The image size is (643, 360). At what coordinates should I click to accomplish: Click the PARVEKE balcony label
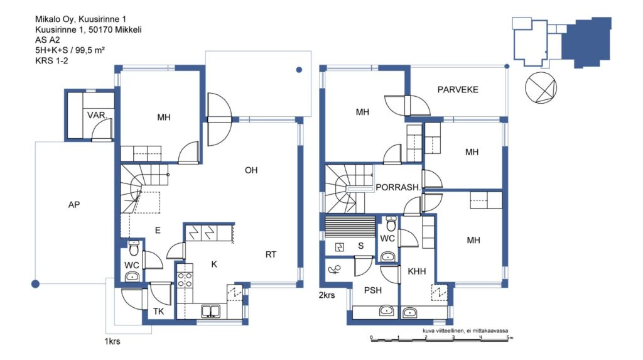coord(458,89)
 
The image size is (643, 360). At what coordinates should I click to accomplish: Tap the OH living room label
coord(251,170)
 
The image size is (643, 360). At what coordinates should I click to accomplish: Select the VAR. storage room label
coord(97,116)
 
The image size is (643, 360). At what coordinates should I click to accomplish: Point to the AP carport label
coord(74,204)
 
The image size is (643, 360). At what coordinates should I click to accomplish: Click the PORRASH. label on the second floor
coord(398,187)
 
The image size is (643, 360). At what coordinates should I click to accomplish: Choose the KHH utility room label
coord(417,271)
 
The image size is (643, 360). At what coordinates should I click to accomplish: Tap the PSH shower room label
coord(373,290)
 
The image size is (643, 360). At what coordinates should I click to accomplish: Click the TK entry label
coord(158,312)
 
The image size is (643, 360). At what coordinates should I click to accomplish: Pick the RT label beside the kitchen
coord(271,254)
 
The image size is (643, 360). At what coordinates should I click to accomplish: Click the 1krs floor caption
coord(112,341)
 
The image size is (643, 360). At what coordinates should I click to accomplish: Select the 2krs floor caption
coord(327,295)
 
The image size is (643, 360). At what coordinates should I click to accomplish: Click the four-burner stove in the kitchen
coord(185,280)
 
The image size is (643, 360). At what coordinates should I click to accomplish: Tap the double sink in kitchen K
coord(211,311)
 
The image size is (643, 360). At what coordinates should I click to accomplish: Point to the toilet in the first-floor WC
coord(134,248)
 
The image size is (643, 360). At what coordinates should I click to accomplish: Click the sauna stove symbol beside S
coord(340,247)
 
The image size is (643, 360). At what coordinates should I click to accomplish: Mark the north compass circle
coord(541,88)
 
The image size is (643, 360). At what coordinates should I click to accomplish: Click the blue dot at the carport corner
coord(36,283)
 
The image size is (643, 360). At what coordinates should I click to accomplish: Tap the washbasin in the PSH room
coord(386,311)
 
